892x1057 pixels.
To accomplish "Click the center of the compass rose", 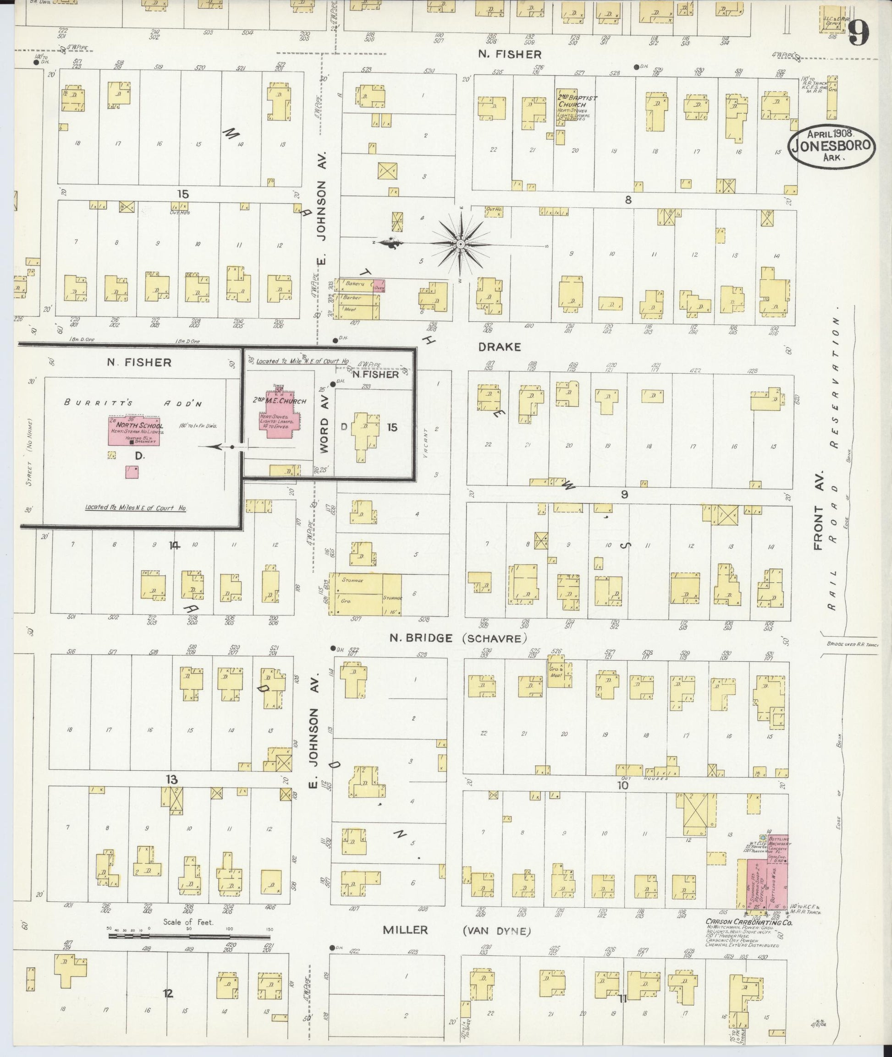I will (460, 245).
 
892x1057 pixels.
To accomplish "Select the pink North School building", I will (134, 430).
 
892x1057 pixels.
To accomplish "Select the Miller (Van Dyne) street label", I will (456, 930).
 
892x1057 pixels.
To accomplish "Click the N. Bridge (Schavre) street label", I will (457, 638).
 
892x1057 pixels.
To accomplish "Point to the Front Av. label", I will (819, 510).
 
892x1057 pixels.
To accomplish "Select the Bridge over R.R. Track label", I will (852, 644).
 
